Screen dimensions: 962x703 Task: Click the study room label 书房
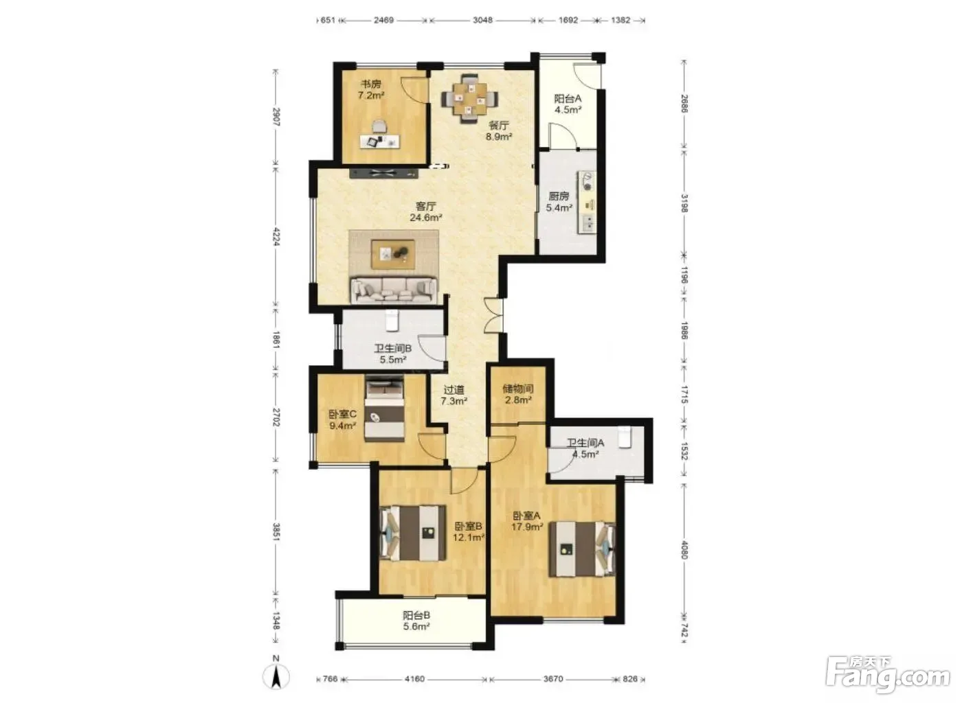370,84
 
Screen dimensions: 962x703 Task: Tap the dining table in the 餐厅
469,99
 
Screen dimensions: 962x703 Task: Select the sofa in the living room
394,290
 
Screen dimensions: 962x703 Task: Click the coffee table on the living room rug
393,255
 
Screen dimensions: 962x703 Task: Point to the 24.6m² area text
425,218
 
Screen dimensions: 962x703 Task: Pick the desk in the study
379,141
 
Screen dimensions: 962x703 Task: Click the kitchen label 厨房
559,196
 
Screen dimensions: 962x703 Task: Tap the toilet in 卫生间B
391,321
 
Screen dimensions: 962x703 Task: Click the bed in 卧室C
384,408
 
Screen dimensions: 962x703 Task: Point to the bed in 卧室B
413,533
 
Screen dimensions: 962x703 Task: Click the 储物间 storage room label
518,389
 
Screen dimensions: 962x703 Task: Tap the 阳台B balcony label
416,615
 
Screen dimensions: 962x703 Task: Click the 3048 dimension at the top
482,20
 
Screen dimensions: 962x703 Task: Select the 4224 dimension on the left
276,236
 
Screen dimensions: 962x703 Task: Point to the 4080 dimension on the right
684,550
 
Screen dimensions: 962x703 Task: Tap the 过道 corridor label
454,390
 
